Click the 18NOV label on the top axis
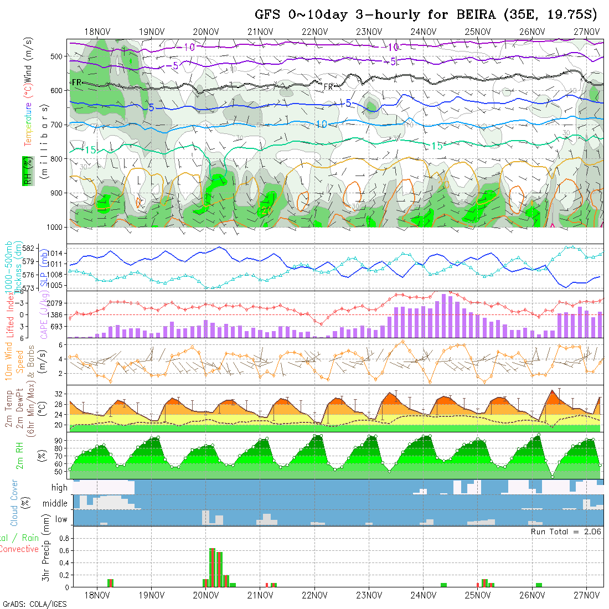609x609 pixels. (97, 32)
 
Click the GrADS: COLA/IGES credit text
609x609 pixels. (34, 604)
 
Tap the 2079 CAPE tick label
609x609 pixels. (58, 303)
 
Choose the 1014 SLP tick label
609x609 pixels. (58, 253)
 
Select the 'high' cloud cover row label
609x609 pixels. (59, 488)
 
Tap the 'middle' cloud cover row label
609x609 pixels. (55, 504)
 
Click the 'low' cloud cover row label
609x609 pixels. (61, 519)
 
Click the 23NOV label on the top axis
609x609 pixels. (368, 32)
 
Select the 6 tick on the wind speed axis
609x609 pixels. (62, 344)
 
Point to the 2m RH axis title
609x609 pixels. (19, 456)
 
